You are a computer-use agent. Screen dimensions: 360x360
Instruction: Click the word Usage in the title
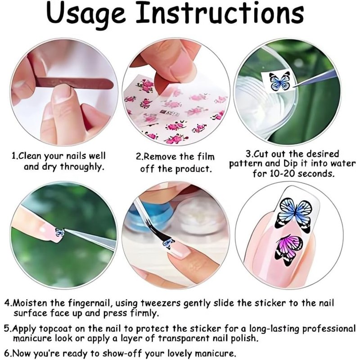(86, 14)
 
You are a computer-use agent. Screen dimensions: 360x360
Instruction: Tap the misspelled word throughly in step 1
(82, 167)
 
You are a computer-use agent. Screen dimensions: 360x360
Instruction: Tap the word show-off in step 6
(121, 353)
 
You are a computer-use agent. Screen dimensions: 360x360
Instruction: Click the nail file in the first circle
(74, 83)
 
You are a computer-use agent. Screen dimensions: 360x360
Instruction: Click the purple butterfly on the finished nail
(289, 250)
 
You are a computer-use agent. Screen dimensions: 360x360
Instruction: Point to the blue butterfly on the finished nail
(295, 215)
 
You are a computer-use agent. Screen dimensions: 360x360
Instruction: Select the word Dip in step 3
(291, 164)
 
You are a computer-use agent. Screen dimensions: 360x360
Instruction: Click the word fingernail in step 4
(90, 303)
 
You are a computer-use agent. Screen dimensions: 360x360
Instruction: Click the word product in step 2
(193, 170)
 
